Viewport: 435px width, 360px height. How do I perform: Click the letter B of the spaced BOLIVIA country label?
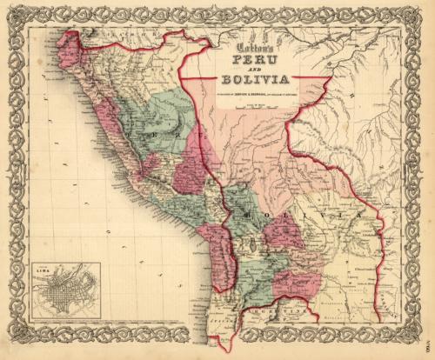250,211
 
